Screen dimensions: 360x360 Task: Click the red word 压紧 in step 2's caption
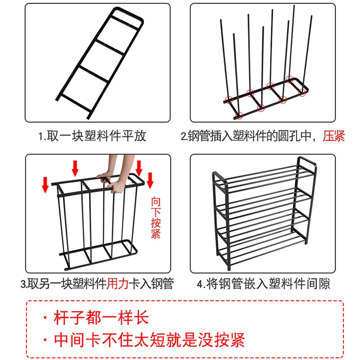pyautogui.click(x=334, y=136)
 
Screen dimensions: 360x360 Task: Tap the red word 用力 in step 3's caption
pyautogui.click(x=117, y=284)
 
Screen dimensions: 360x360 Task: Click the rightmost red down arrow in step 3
pyautogui.click(x=150, y=180)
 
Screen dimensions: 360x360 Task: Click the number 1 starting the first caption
pyautogui.click(x=40, y=136)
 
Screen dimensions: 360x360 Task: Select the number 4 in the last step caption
pyautogui.click(x=200, y=284)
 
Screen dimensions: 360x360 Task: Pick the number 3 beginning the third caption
pyautogui.click(x=22, y=284)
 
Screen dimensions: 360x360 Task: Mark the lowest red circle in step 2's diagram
pyautogui.click(x=239, y=115)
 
